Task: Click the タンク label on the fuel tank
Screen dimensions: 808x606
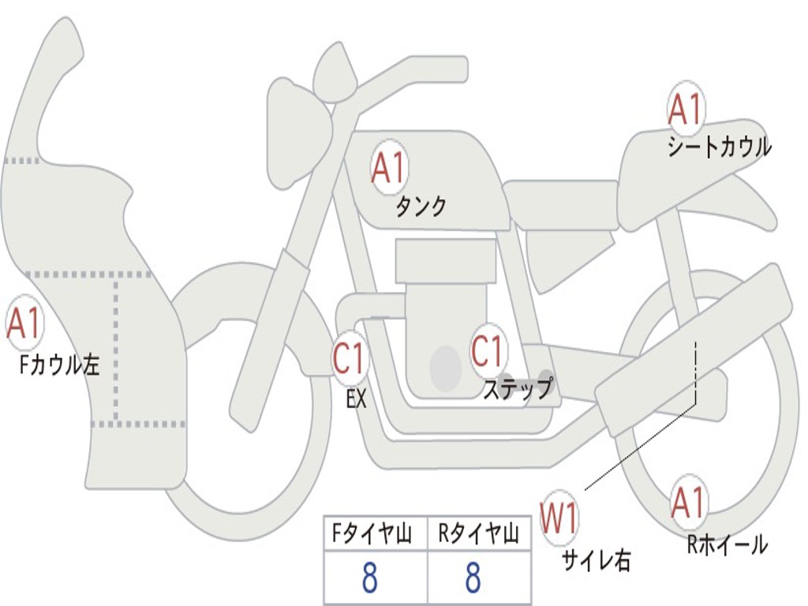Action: [x=421, y=207]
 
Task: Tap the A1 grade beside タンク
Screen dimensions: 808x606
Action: [x=388, y=167]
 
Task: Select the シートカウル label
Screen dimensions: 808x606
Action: [x=719, y=148]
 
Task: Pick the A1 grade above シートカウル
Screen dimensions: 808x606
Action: [x=686, y=110]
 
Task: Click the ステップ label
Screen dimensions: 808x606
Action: [x=518, y=389]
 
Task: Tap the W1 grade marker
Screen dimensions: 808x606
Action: [x=559, y=519]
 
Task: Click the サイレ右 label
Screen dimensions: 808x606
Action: [x=597, y=559]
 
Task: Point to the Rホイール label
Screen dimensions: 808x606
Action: [x=727, y=544]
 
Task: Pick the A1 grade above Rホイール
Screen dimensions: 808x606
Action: [x=689, y=503]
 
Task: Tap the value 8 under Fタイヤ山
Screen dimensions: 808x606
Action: [x=369, y=579]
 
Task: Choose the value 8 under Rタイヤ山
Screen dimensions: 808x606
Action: [x=473, y=579]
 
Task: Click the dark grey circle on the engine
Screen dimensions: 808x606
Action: [x=445, y=368]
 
